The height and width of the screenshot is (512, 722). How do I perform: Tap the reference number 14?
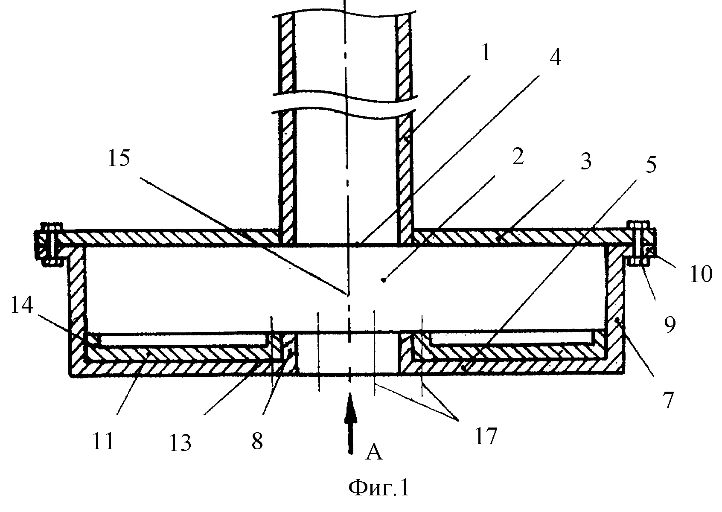[x=22, y=305]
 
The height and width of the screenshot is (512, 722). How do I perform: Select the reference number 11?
[x=103, y=441]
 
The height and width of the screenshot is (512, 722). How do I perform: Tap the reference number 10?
[x=701, y=274]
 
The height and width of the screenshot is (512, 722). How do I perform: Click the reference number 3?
[x=585, y=161]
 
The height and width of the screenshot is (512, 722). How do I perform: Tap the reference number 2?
[x=518, y=157]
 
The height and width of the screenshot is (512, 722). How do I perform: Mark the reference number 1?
[x=486, y=52]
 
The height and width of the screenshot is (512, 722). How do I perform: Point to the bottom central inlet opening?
[x=348, y=353]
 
